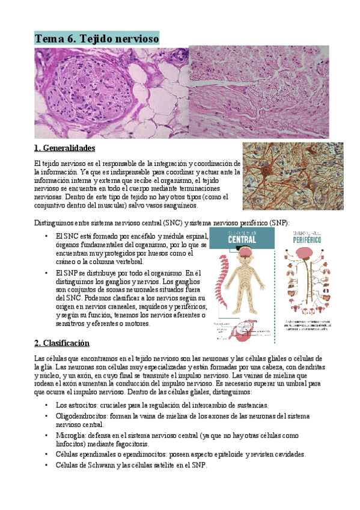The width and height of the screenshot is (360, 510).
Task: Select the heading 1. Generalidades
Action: pos(66,147)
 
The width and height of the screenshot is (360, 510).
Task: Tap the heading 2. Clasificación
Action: pos(62,343)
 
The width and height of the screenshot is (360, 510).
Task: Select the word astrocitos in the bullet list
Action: pos(81,405)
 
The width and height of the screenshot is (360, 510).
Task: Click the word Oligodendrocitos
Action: pos(82,415)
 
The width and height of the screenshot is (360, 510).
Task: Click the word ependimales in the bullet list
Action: pos(98,454)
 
